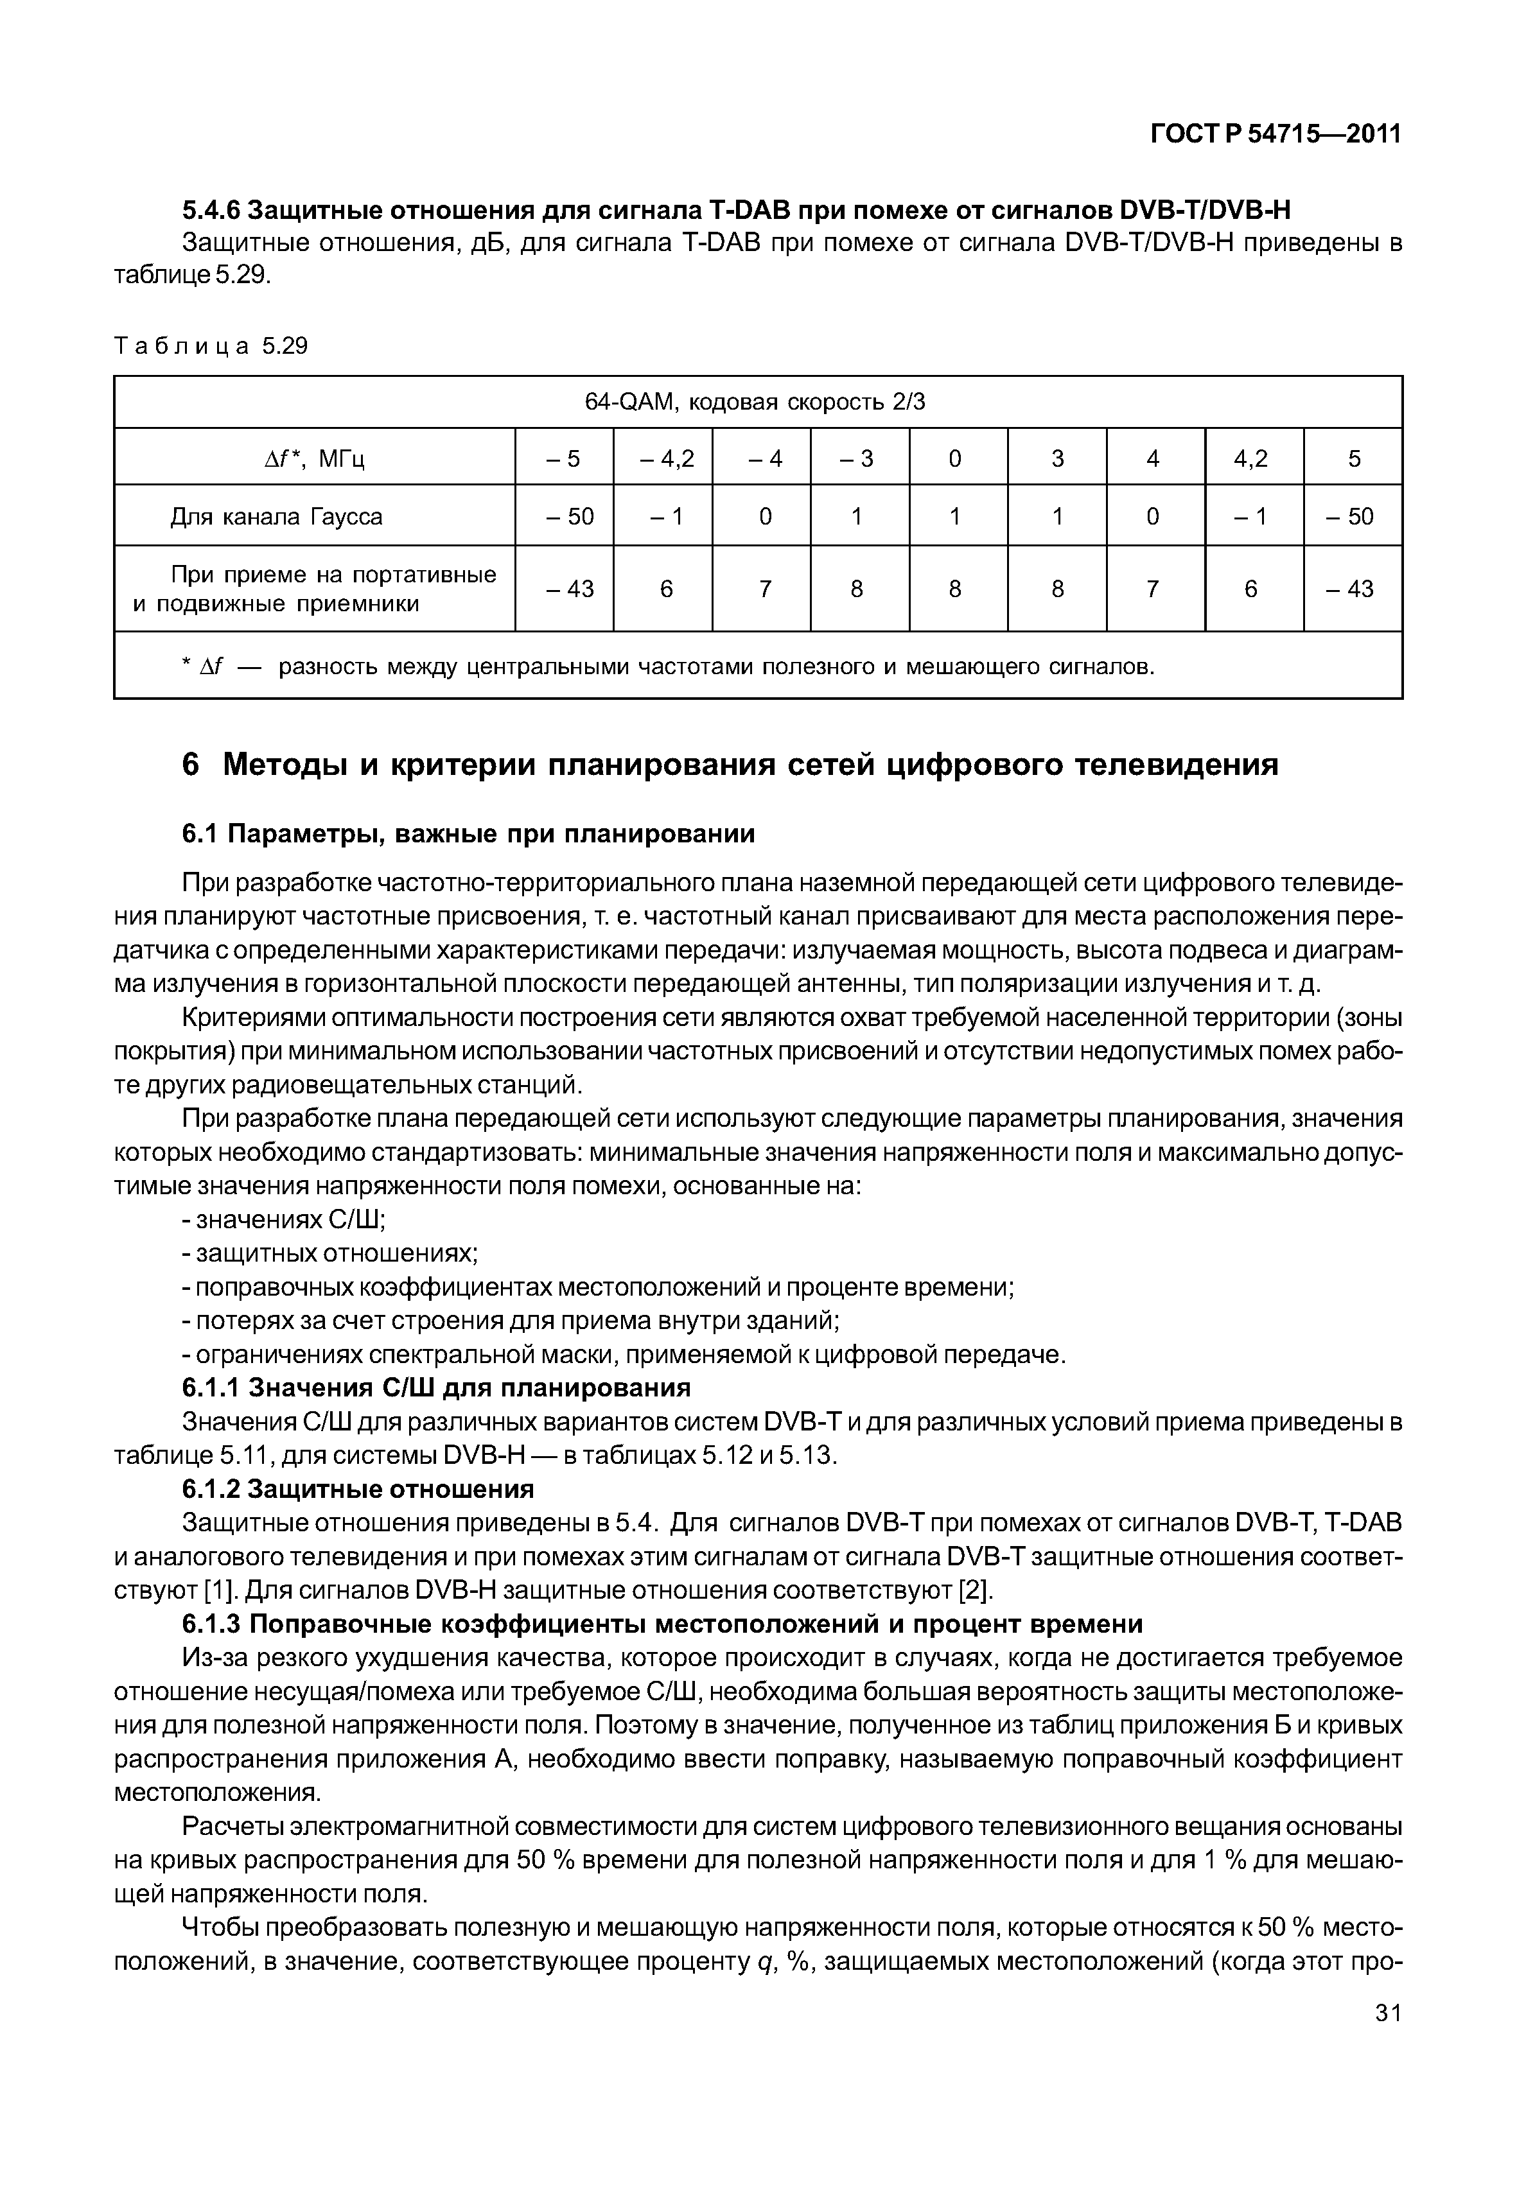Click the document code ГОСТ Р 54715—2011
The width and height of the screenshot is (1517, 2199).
tap(1276, 135)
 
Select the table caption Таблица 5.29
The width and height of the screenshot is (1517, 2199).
tap(211, 346)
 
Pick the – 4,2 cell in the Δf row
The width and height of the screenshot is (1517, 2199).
tap(666, 459)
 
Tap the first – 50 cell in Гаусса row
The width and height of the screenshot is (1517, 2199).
tap(568, 516)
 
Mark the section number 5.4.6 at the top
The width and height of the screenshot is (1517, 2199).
tap(212, 209)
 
